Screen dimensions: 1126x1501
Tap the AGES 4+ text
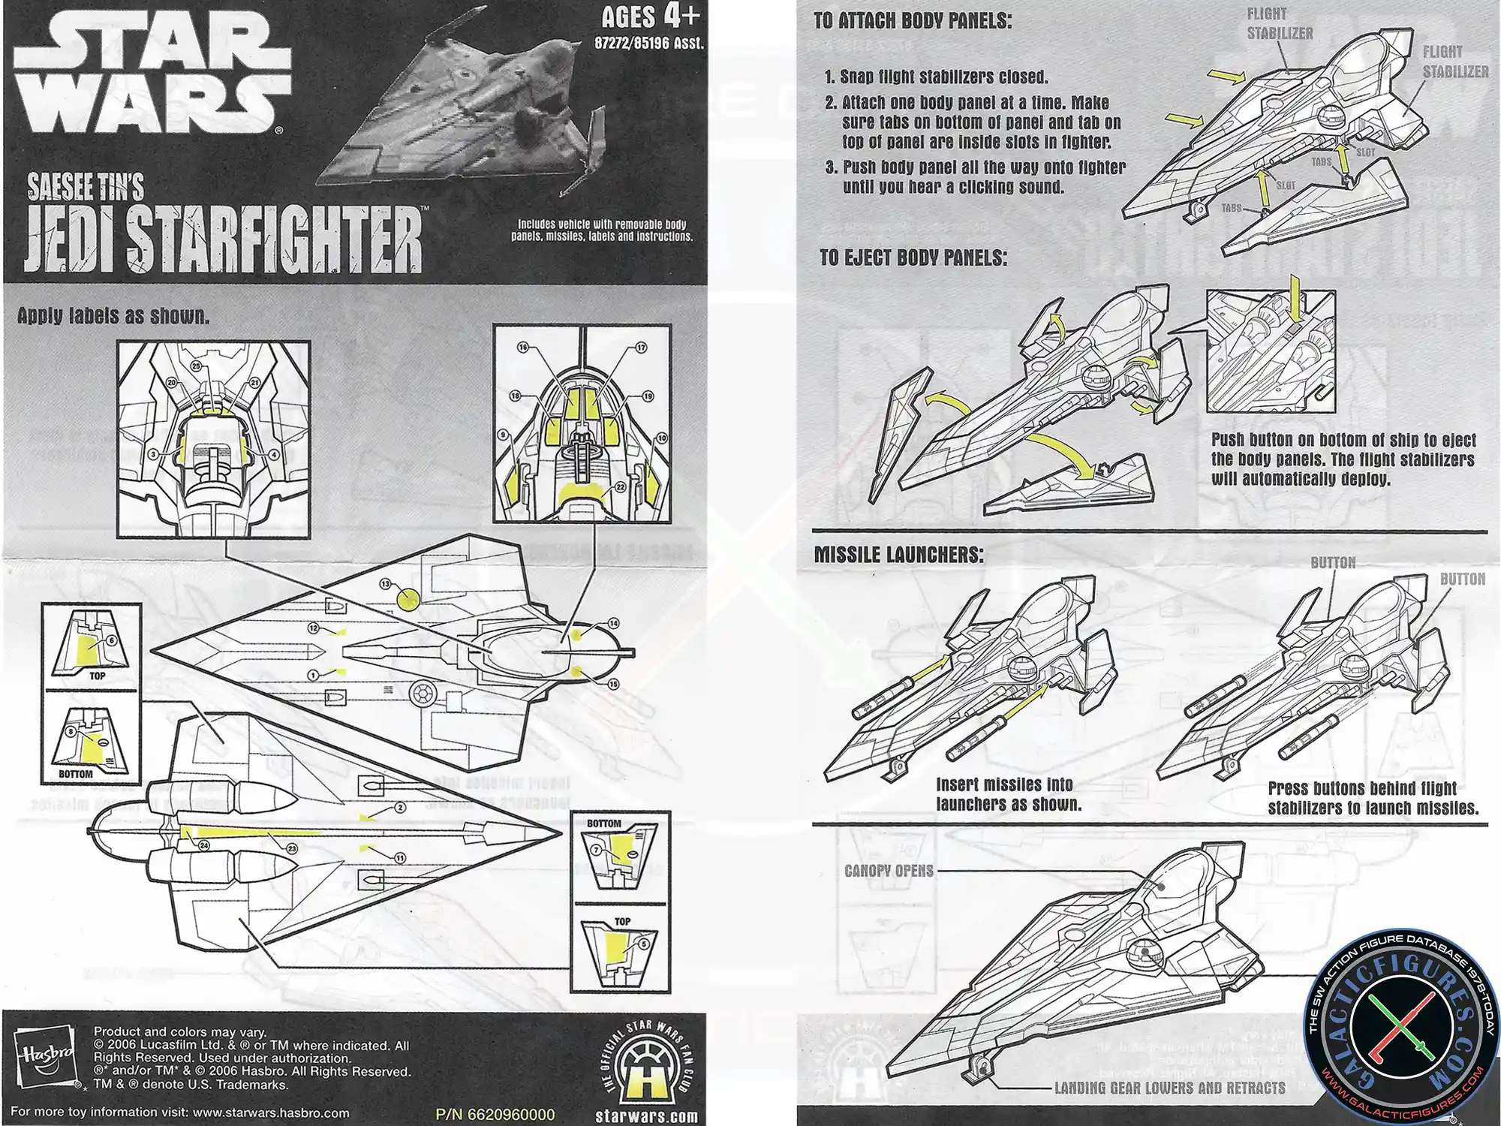pyautogui.click(x=650, y=16)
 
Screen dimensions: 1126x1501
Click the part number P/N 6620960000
pyautogui.click(x=495, y=1115)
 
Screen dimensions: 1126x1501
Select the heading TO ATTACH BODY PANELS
pyautogui.click(x=912, y=21)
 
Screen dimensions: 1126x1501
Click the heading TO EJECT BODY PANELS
pyautogui.click(x=913, y=257)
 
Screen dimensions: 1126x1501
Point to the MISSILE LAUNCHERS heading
pyautogui.click(x=898, y=555)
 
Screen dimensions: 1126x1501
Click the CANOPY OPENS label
pyautogui.click(x=889, y=871)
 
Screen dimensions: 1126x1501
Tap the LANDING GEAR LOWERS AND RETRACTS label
pyautogui.click(x=1169, y=1088)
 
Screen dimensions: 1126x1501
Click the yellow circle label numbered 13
pyautogui.click(x=408, y=599)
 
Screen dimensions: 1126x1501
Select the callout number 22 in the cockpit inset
pyautogui.click(x=621, y=488)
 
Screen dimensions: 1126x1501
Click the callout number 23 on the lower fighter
pyautogui.click(x=292, y=848)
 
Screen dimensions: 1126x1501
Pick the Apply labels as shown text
pyautogui.click(x=113, y=316)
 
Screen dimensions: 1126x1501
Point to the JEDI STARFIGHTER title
pyautogui.click(x=224, y=239)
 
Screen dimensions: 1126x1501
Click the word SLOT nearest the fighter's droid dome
pyautogui.click(x=1365, y=152)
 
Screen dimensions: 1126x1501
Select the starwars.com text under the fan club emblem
pyautogui.click(x=646, y=1116)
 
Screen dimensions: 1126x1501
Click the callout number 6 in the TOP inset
pyautogui.click(x=112, y=640)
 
